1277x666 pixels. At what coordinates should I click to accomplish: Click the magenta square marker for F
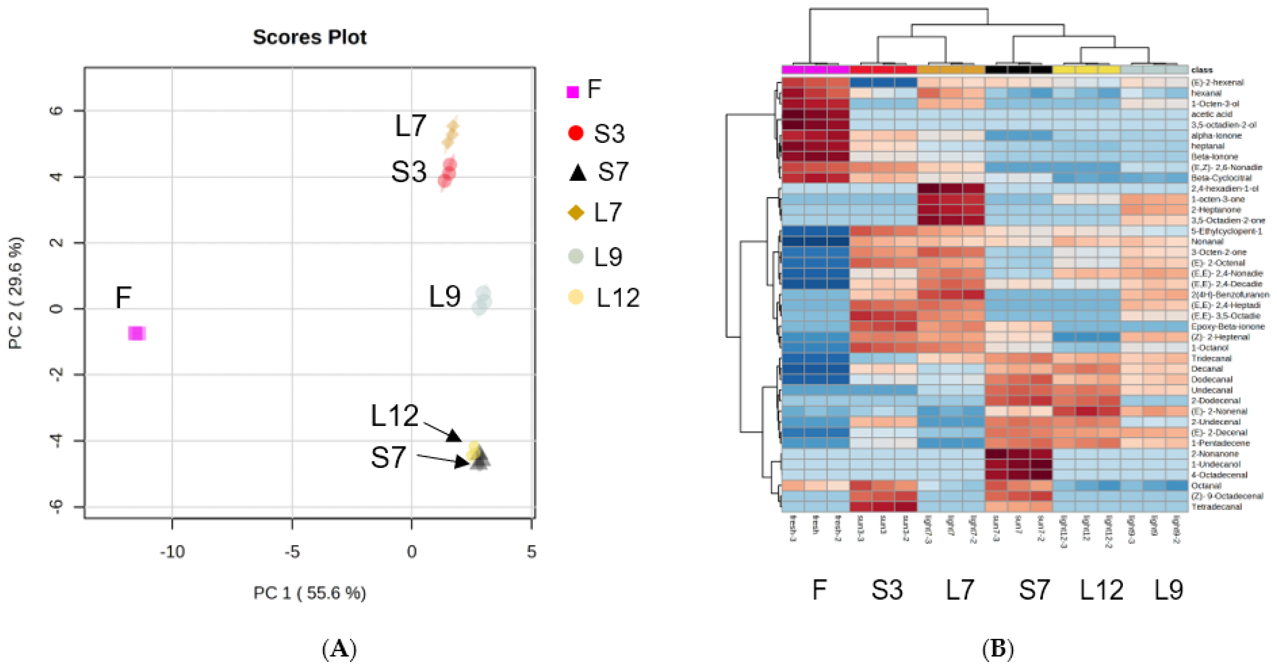[136, 333]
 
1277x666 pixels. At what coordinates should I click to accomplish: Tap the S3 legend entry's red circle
[576, 133]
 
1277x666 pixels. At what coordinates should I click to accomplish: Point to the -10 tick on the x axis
[172, 552]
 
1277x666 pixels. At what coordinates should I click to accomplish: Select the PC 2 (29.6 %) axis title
[16, 294]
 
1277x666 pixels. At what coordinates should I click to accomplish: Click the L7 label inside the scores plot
[411, 126]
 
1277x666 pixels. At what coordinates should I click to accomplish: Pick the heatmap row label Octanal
[1206, 486]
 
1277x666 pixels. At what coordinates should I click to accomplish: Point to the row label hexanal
[1206, 93]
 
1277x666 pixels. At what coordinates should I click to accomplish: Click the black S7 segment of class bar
[1019, 70]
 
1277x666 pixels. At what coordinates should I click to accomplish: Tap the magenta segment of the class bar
[815, 70]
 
